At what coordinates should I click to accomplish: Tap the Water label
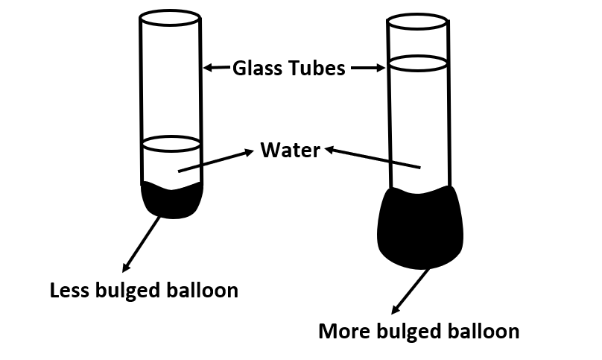(290, 151)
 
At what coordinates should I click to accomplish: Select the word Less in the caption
(72, 290)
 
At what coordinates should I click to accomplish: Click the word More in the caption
(343, 330)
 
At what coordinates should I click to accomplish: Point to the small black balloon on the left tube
(171, 200)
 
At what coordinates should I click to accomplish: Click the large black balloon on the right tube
(420, 227)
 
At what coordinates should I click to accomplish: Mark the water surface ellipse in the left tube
(171, 142)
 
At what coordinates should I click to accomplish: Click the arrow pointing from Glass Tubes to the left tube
(217, 68)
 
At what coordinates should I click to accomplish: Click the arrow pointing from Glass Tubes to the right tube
(367, 68)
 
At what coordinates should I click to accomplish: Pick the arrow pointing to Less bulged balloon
(142, 244)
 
